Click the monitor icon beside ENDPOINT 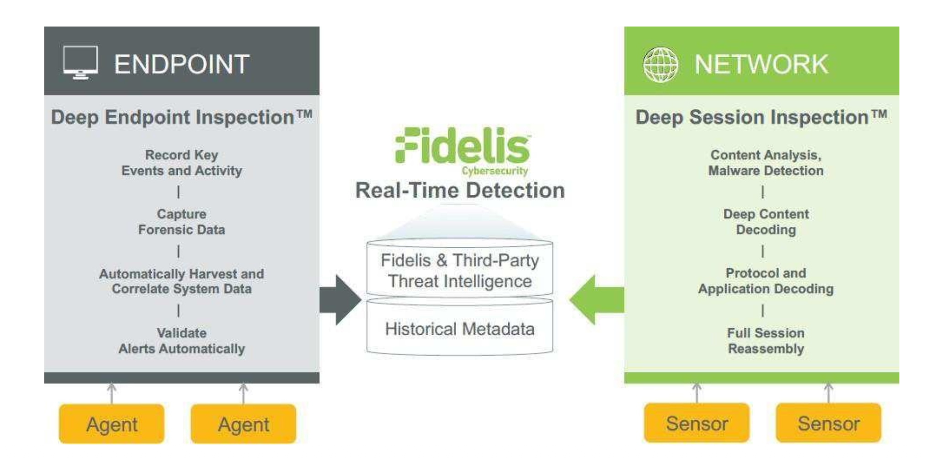click(80, 63)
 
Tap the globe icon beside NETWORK click(660, 64)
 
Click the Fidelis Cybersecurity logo click(462, 150)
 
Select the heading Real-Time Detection click(460, 190)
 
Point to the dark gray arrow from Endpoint click(340, 300)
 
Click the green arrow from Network click(596, 300)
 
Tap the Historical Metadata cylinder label click(460, 329)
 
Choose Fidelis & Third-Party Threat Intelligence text click(460, 271)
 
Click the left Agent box click(112, 424)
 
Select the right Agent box click(243, 424)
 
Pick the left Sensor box click(696, 423)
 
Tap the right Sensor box click(828, 423)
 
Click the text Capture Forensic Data click(181, 222)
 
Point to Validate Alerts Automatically click(181, 341)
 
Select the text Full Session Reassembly click(766, 341)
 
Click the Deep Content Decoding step click(766, 222)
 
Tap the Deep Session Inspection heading click(761, 117)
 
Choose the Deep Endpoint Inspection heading click(181, 117)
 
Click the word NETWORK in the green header click(761, 64)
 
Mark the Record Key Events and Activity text click(181, 163)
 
